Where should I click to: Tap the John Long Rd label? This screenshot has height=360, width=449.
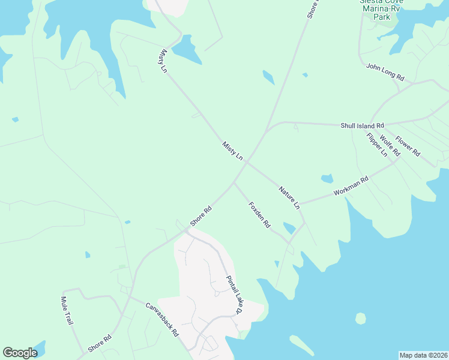(385, 71)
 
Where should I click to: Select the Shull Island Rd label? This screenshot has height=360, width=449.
(362, 125)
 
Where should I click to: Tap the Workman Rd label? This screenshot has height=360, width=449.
(351, 187)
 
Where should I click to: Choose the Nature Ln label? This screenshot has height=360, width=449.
(289, 197)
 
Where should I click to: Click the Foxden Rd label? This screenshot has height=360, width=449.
(259, 215)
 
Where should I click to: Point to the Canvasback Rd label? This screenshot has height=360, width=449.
(162, 319)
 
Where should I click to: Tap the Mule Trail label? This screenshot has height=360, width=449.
(67, 311)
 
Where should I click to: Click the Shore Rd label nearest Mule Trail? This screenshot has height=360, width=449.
(100, 343)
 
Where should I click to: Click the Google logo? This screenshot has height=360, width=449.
(20, 353)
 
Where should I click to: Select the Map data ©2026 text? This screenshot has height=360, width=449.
(423, 355)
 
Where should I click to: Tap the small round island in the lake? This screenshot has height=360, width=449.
(360, 318)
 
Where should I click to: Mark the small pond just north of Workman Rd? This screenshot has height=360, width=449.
(327, 178)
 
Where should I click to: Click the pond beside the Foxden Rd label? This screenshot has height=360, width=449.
(289, 228)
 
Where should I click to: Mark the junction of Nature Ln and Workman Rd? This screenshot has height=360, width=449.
(301, 204)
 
